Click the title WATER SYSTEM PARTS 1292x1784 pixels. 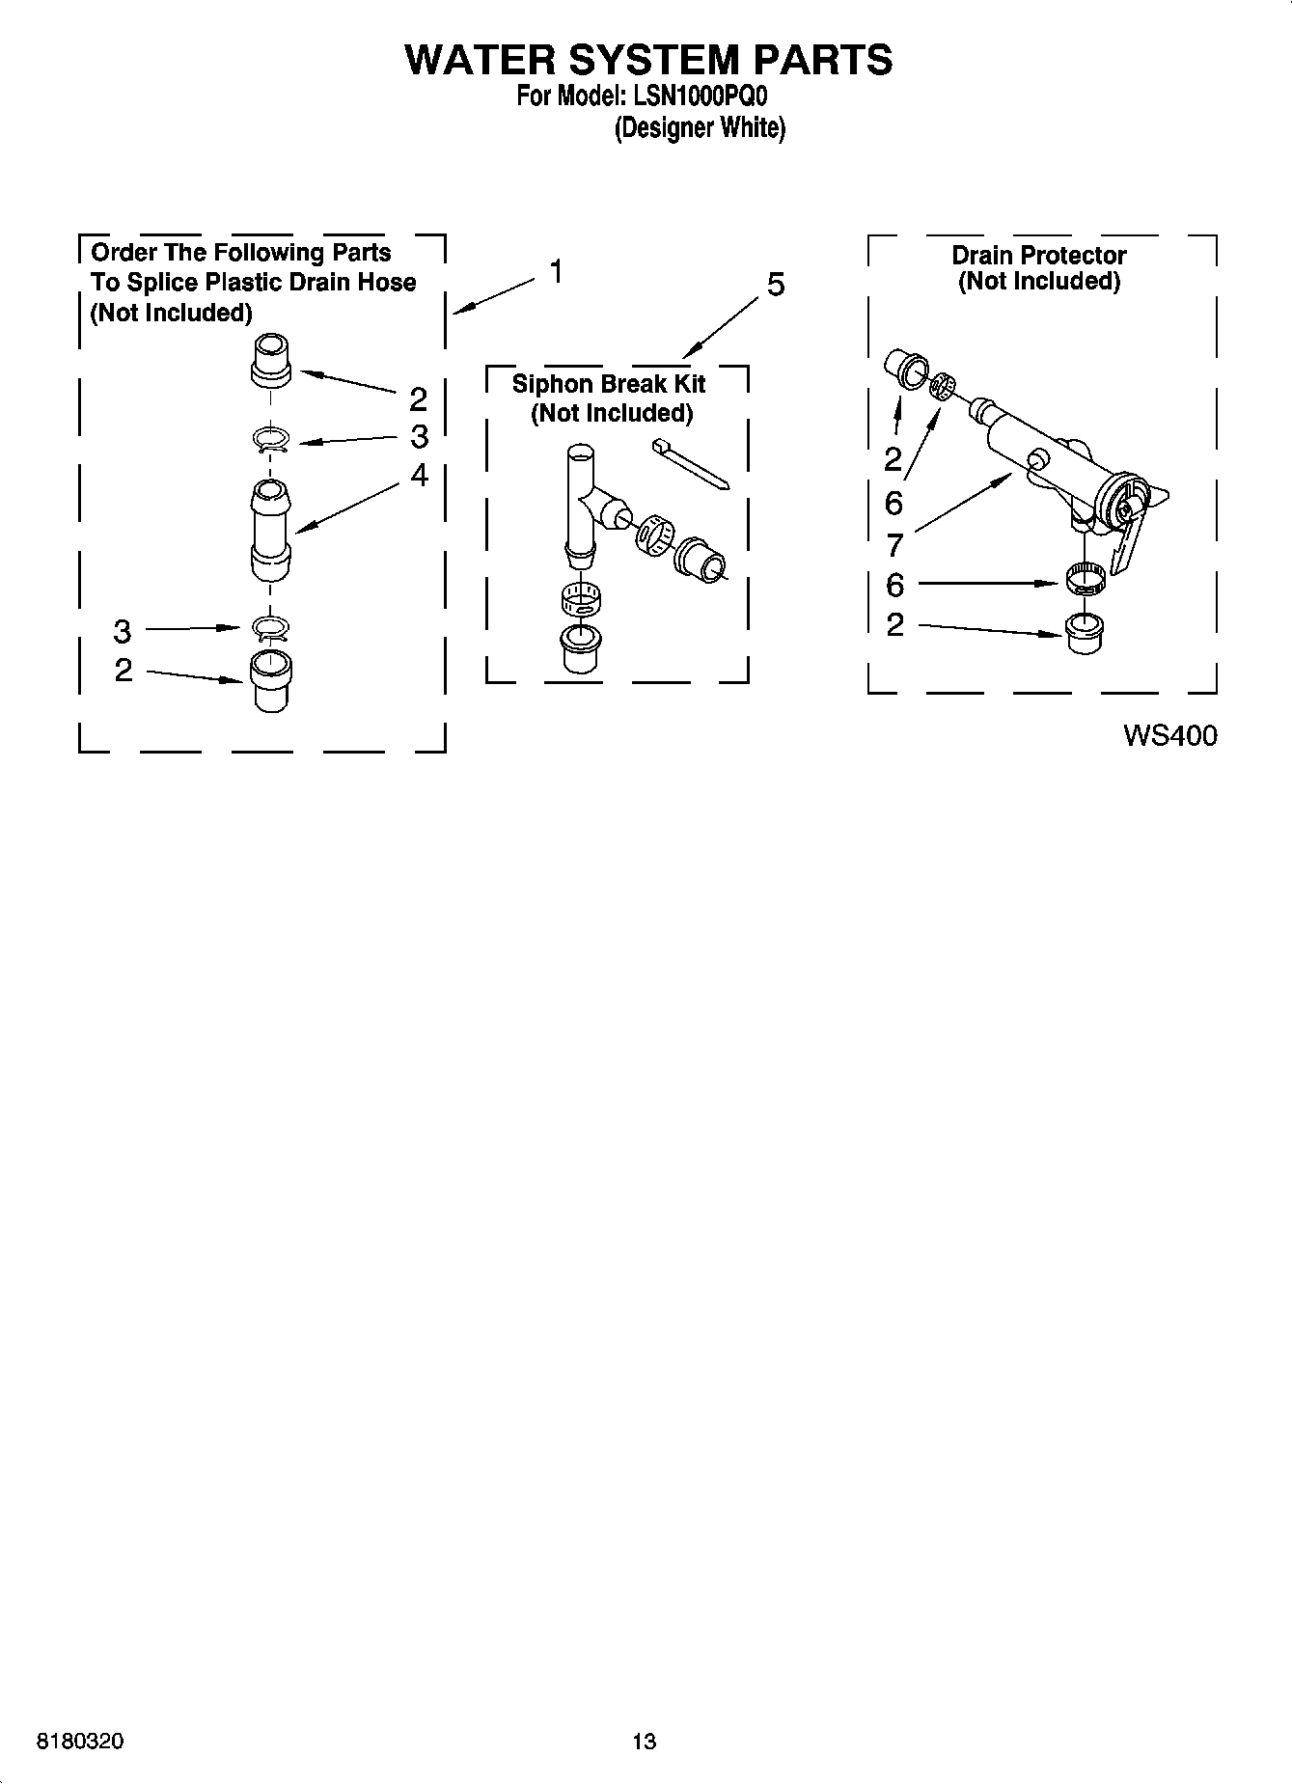pyautogui.click(x=647, y=60)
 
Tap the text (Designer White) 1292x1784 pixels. pyautogui.click(x=700, y=128)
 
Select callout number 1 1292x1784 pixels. pyautogui.click(x=556, y=272)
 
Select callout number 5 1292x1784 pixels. pyautogui.click(x=775, y=285)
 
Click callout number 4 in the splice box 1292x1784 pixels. pyautogui.click(x=418, y=475)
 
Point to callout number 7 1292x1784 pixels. pyautogui.click(x=894, y=545)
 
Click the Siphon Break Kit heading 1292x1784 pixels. pyautogui.click(x=609, y=384)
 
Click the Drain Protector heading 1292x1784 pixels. pyautogui.click(x=1038, y=256)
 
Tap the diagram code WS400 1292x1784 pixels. pyautogui.click(x=1169, y=735)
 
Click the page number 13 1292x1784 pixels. pyautogui.click(x=644, y=1742)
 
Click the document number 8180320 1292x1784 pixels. pyautogui.click(x=79, y=1742)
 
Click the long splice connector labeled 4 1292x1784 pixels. pyautogui.click(x=270, y=531)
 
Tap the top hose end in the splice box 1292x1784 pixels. pyautogui.click(x=271, y=360)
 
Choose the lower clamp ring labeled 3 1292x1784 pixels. pyautogui.click(x=271, y=629)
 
